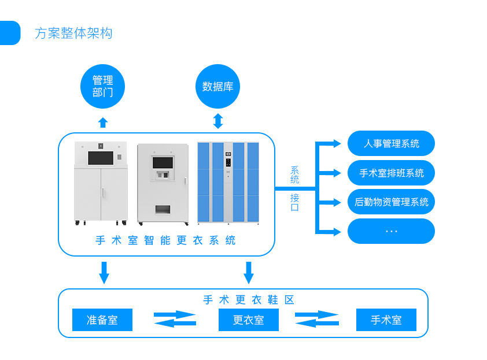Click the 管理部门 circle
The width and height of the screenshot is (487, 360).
[x=102, y=87]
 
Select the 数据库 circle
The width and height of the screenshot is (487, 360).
[x=217, y=87]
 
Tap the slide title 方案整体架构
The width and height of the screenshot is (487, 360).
[x=73, y=34]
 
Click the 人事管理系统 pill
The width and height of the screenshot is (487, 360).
[x=391, y=143]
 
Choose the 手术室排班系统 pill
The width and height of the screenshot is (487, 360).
[x=391, y=173]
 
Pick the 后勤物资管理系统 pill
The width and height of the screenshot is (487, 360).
[x=391, y=202]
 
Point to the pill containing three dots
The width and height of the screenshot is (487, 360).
[x=391, y=231]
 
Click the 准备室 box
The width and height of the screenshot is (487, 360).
[x=102, y=320]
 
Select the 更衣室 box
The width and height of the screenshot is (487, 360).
[x=249, y=320]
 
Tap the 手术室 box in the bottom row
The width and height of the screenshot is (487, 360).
[x=386, y=320]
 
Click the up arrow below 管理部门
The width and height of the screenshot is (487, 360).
[x=103, y=123]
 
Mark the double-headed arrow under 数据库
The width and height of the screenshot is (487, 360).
[x=218, y=121]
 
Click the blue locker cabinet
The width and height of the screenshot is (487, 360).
[x=228, y=183]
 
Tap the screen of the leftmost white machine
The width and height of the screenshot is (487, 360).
[x=100, y=158]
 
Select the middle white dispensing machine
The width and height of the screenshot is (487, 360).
[x=163, y=183]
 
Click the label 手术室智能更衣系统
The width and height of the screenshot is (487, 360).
[x=166, y=240]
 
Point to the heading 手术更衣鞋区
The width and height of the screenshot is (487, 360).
[x=249, y=300]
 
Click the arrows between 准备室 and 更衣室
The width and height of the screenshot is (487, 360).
[x=175, y=319]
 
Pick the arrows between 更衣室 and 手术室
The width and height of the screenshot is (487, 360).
[x=317, y=319]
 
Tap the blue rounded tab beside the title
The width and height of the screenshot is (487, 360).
[x=9, y=33]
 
